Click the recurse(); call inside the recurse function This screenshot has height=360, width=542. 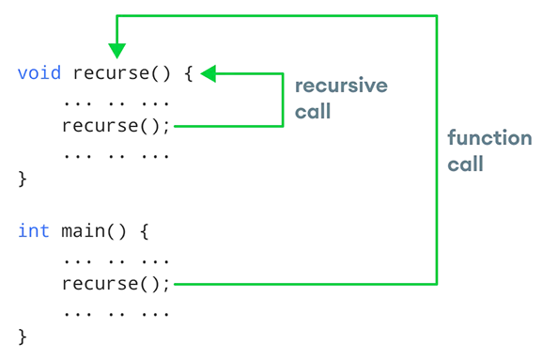click(x=116, y=125)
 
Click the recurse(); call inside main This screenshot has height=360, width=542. click(x=116, y=283)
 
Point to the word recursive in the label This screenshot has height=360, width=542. click(x=341, y=86)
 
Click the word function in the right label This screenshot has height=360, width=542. click(x=489, y=138)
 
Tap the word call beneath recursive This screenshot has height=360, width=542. click(x=314, y=112)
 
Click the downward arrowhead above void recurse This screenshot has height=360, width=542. click(x=116, y=48)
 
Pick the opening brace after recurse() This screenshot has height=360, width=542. click(x=187, y=72)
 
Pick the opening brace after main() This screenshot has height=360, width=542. click(x=143, y=230)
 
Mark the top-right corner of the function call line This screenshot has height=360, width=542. click(x=437, y=15)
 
